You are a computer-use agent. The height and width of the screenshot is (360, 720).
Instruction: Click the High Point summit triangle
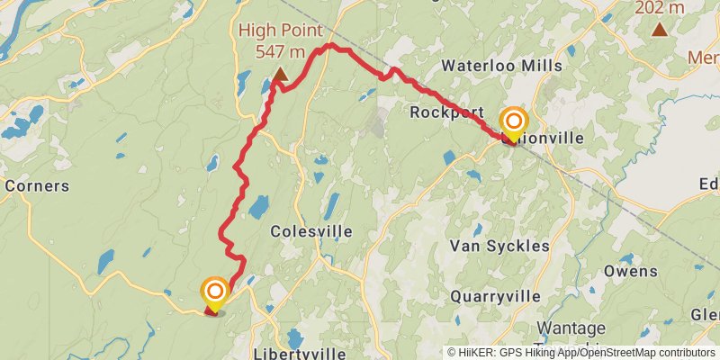(x=280, y=75)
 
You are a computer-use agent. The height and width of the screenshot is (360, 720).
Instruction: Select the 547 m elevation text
(x=276, y=51)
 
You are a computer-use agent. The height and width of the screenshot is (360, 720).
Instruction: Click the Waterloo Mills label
(x=502, y=66)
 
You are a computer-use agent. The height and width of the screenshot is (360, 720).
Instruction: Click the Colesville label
(x=311, y=231)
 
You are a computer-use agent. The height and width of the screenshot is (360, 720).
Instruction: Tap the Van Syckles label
(x=499, y=246)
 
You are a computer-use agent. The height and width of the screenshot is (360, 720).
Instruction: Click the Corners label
(x=37, y=186)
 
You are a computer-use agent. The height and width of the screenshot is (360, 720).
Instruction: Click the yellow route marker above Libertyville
(x=215, y=292)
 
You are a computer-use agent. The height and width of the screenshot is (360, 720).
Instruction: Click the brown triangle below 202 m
(x=660, y=29)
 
